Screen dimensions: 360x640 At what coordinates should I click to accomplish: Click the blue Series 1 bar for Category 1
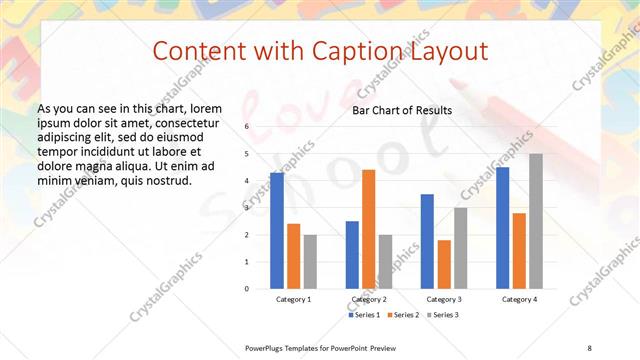[x=276, y=231]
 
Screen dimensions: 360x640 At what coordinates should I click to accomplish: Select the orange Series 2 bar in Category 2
[x=368, y=229]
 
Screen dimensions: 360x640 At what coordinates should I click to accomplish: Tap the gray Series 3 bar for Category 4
[x=536, y=221]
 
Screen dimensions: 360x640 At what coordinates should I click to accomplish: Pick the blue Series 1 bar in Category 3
[x=427, y=241]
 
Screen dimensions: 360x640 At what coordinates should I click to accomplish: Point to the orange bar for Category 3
[x=444, y=264]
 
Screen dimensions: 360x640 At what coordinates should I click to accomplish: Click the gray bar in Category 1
[x=310, y=261]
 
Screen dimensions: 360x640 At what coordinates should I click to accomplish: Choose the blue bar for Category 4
[x=502, y=228]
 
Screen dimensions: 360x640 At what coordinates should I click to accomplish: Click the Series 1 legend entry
[x=362, y=315]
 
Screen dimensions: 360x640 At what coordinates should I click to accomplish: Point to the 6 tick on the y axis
[x=247, y=127]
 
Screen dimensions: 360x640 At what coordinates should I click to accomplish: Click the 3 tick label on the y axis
[x=247, y=208]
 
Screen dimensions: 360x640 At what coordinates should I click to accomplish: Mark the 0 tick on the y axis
[x=247, y=289]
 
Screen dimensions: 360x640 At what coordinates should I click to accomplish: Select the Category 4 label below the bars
[x=519, y=299]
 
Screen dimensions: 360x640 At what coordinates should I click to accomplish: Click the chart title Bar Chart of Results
[x=402, y=110]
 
